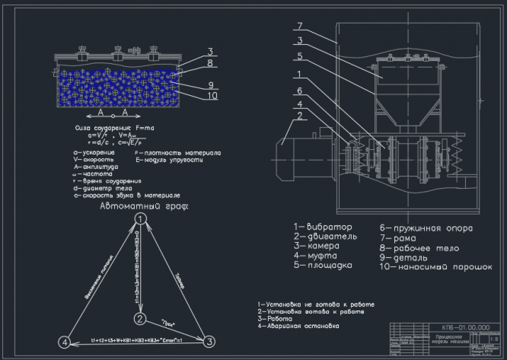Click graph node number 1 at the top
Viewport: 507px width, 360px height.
click(x=141, y=218)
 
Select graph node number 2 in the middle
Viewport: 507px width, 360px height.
click(x=140, y=317)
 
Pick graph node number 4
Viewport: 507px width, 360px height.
click(x=65, y=342)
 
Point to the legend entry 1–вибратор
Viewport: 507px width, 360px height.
click(x=324, y=228)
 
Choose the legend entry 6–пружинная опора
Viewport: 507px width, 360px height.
click(x=426, y=228)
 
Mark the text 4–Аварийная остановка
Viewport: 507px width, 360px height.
click(x=298, y=326)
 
